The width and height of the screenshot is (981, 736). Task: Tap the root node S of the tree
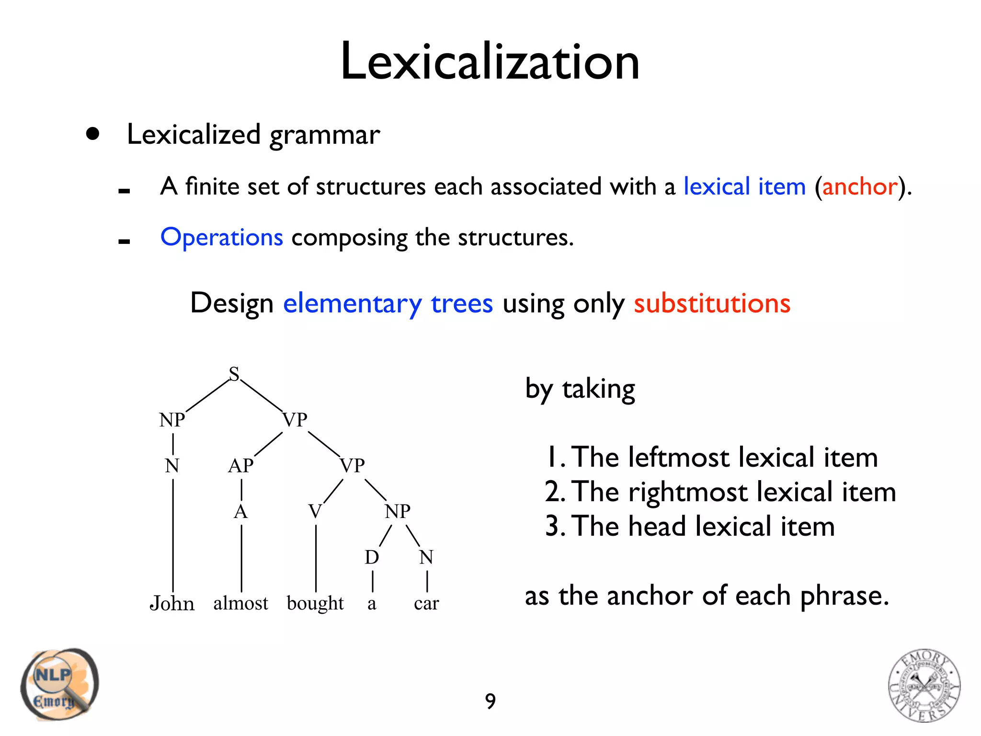point(234,374)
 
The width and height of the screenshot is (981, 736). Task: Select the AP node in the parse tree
point(240,466)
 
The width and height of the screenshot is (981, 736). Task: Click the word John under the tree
point(172,603)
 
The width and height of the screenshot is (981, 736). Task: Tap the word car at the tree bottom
point(426,603)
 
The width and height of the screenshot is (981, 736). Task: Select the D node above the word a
point(372,557)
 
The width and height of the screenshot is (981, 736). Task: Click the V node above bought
point(315,511)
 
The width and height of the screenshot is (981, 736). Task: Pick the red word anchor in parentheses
point(859,186)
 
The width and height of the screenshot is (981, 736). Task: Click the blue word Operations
point(222,237)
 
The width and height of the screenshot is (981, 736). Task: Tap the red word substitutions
point(712,303)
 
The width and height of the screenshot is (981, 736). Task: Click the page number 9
point(490,701)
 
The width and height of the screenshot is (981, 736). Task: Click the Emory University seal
point(924,685)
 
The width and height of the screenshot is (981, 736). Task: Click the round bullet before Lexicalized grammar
point(93,134)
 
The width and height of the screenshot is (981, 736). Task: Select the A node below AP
point(240,512)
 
